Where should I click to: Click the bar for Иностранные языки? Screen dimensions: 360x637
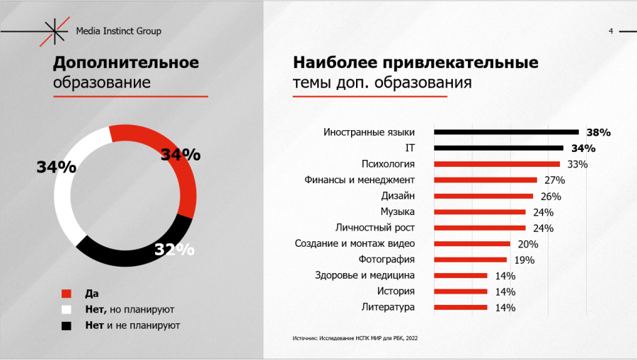506,132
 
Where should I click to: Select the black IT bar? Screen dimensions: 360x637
498,148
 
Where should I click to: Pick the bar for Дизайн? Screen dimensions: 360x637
483,196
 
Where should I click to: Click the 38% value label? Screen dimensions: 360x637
598,132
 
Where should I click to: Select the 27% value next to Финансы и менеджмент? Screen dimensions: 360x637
554,180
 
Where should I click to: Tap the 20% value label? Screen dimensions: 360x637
528,244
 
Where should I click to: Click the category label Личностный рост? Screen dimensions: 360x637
374,228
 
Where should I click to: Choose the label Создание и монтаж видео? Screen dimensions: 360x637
355,243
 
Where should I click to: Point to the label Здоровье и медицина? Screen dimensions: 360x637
365,275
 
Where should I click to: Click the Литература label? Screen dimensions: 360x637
388,307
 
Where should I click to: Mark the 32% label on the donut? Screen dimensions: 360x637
174,250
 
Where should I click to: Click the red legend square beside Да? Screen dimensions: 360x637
67,294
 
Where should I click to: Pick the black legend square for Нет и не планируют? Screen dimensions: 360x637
67,325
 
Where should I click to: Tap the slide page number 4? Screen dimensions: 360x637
611,31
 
